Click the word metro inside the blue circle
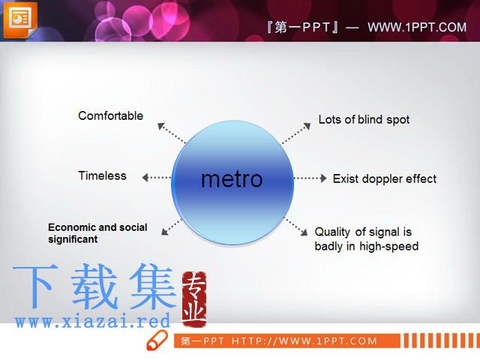[232, 179]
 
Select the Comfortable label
[110, 115]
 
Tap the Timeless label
[102, 175]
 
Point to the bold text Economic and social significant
[97, 233]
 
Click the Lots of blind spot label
[364, 120]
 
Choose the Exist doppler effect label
[385, 178]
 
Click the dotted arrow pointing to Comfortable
[172, 133]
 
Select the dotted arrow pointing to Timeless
[157, 178]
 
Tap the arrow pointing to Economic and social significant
[172, 227]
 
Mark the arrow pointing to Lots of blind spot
[296, 133]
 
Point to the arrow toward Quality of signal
[296, 226]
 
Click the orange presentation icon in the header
[20, 19]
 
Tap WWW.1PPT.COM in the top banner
[417, 27]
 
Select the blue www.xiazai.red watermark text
[92, 321]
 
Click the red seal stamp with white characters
[194, 298]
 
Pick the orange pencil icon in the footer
[157, 340]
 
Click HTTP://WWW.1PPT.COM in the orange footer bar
[304, 341]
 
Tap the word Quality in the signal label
[333, 232]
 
